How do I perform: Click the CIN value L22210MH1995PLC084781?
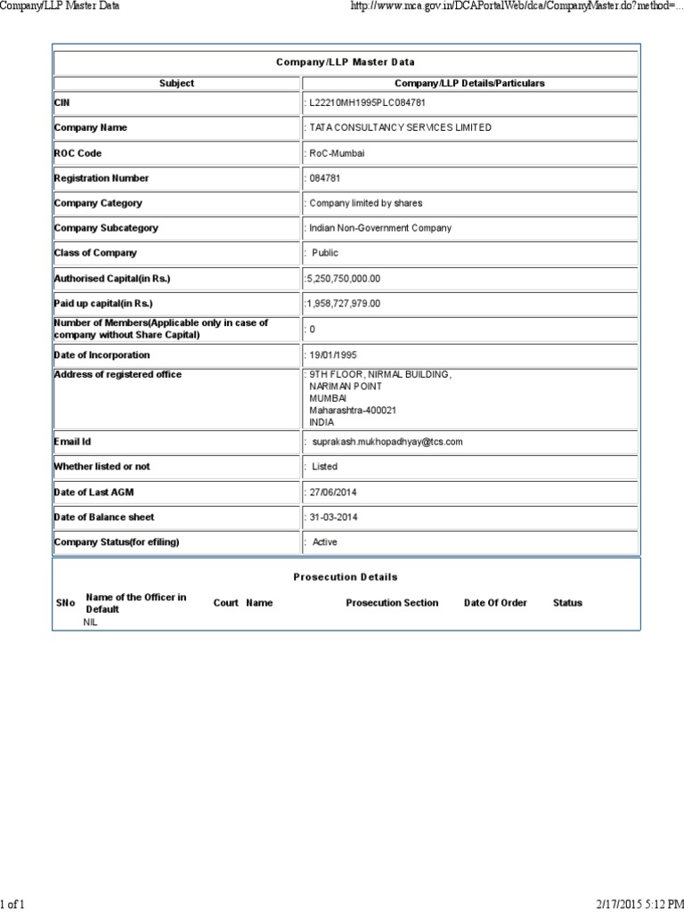[x=361, y=102]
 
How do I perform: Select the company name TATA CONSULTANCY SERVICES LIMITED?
[x=400, y=127]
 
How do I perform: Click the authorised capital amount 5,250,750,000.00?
[x=343, y=279]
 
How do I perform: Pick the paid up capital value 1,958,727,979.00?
[x=343, y=304]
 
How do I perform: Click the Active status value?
[x=325, y=542]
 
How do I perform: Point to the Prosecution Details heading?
[x=346, y=577]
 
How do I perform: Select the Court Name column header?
[x=243, y=603]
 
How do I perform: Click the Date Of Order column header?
[x=495, y=603]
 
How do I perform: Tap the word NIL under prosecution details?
[x=90, y=623]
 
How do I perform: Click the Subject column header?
[x=176, y=83]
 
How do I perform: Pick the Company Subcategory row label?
[x=106, y=228]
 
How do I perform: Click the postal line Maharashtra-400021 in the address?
[x=353, y=411]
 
